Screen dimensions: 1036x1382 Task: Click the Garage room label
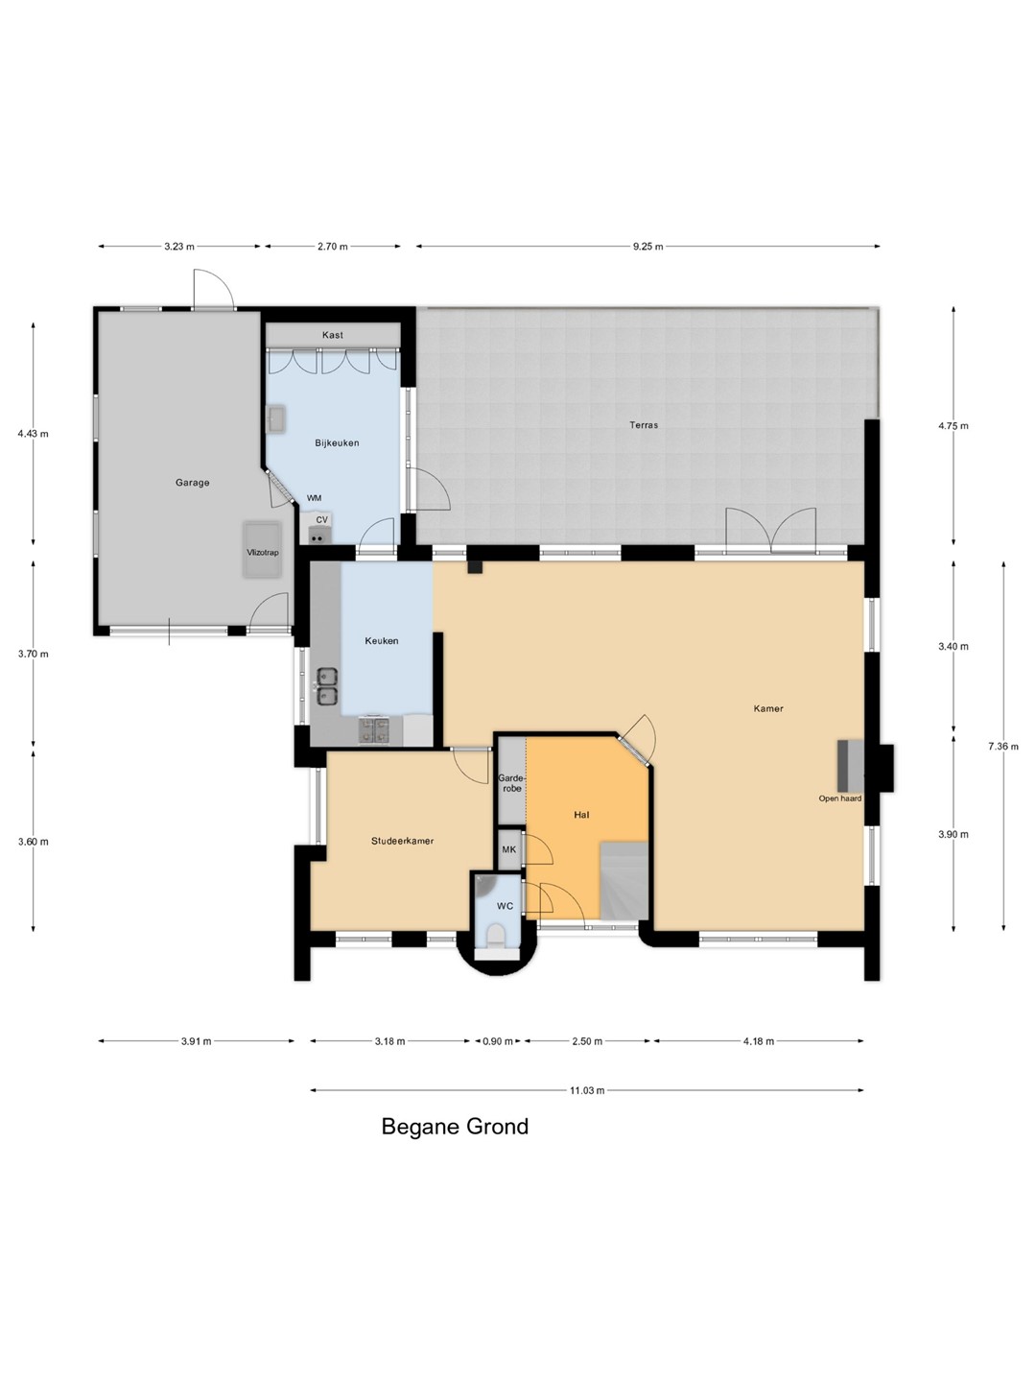192,483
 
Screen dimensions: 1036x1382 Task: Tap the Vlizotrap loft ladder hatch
262,550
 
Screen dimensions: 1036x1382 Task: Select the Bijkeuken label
337,442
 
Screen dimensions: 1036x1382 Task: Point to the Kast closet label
333,335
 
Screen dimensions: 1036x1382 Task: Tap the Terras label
644,425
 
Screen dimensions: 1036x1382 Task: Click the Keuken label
382,641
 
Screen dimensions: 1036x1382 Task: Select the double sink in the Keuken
326,687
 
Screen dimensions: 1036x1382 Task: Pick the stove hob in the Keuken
374,729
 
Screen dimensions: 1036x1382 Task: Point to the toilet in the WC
496,938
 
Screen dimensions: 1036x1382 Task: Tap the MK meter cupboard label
508,849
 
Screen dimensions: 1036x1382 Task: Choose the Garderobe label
512,783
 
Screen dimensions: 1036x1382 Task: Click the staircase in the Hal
624,880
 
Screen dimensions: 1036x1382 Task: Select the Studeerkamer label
403,841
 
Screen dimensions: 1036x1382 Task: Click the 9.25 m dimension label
647,247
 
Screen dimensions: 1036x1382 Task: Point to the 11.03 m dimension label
587,1090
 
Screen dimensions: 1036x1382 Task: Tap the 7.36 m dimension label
1002,746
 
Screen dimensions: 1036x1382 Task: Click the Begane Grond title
455,1127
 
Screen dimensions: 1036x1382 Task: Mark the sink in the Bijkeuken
277,419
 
